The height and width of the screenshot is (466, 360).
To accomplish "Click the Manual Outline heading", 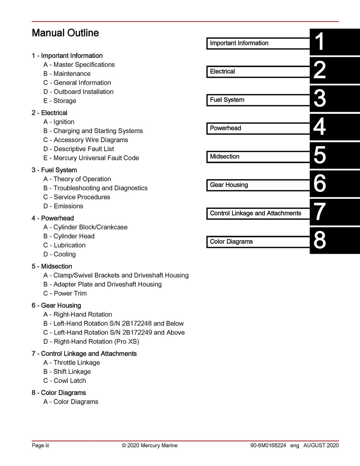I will (x=65, y=33).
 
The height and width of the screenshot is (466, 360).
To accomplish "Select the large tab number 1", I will (x=319, y=42).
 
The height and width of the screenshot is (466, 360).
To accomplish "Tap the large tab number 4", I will (x=319, y=127).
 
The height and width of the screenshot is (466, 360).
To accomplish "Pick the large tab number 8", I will (x=319, y=240).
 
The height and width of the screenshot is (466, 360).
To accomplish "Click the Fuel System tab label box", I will (x=258, y=100).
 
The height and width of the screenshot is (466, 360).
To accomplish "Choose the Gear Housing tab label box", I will (x=258, y=185).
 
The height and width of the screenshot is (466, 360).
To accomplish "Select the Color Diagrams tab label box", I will (x=258, y=242).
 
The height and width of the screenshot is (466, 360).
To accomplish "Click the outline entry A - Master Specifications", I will (x=79, y=65).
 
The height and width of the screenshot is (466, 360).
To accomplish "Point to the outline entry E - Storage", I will (x=60, y=101).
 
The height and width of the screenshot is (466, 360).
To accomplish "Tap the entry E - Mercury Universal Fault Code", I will (x=91, y=158).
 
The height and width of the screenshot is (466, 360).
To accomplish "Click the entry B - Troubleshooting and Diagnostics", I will (x=95, y=188).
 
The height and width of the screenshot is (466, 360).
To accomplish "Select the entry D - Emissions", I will (x=63, y=206).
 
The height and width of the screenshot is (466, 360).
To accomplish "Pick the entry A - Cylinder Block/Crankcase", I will (x=85, y=227).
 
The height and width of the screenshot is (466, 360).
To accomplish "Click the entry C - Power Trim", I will (x=65, y=293).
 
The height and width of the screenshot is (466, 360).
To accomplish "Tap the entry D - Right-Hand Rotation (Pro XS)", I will (x=91, y=342).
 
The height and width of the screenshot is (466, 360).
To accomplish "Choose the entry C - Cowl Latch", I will (x=65, y=381).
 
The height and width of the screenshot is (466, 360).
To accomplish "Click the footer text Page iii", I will (x=40, y=446).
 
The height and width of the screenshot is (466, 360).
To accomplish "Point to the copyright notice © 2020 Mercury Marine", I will (x=149, y=446).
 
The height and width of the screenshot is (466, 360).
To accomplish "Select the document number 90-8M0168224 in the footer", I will (x=268, y=446).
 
